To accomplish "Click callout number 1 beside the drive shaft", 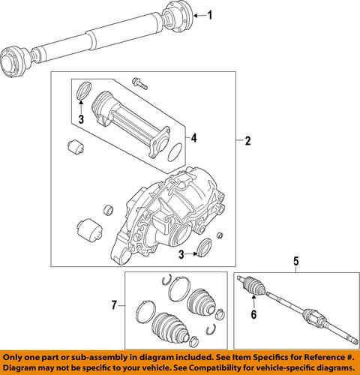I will tap(210, 15).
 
